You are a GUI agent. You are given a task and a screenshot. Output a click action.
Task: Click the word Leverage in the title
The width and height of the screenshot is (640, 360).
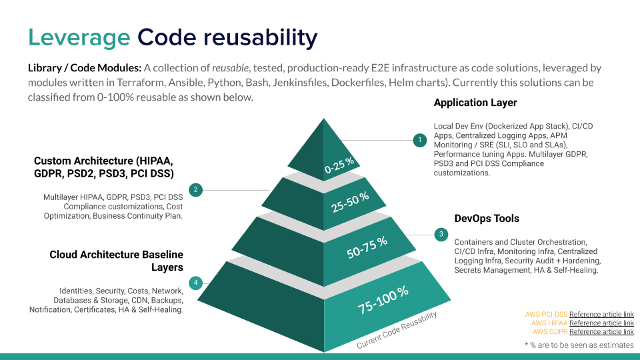coord(79,37)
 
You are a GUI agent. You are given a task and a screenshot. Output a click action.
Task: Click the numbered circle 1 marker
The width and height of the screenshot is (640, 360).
coord(419,141)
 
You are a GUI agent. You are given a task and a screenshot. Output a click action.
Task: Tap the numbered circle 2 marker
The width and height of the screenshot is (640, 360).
coord(195,190)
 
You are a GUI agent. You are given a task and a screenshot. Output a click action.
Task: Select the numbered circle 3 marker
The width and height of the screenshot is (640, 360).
coord(441,234)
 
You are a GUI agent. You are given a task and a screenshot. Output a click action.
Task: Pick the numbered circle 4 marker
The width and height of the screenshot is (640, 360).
coord(195,283)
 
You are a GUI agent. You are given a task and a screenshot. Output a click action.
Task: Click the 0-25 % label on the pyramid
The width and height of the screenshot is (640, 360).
coord(339,165)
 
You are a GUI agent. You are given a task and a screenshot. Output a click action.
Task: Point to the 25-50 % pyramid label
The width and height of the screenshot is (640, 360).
coord(350,202)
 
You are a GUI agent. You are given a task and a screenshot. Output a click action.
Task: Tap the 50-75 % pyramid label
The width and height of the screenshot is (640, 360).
coord(367,247)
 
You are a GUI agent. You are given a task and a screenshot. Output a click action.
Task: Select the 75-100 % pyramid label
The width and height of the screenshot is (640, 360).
coord(383,300)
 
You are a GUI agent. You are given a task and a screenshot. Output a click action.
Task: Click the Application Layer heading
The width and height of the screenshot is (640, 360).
coord(475,103)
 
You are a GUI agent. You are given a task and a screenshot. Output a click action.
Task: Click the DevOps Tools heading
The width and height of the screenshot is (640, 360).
coord(487,219)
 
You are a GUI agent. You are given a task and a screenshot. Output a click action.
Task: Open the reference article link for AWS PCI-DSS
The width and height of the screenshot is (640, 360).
coord(601,314)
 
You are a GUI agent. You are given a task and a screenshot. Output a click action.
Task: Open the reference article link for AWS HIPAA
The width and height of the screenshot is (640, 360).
coord(601,323)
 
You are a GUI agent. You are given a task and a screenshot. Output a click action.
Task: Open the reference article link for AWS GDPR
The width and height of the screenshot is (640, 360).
coord(601,332)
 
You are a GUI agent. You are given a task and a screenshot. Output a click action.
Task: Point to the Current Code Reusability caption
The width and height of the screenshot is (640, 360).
coord(397,330)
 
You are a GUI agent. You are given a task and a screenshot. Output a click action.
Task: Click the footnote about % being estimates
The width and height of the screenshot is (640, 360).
coord(579,345)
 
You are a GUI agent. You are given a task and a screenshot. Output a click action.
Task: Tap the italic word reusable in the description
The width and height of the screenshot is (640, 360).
coord(230,68)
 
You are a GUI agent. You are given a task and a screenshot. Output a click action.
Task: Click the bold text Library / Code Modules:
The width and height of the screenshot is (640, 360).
coord(85,68)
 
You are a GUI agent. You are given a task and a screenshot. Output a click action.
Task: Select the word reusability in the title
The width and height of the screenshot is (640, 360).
coord(261,37)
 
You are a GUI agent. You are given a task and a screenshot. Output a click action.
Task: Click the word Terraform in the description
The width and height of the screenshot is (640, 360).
coord(140,83)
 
